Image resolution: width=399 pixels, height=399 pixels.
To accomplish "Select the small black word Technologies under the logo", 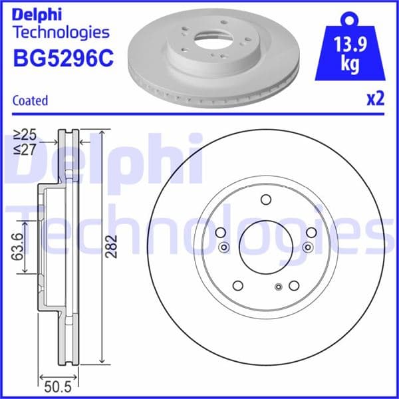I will click(x=61, y=31).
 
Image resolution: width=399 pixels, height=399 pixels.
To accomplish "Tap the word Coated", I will click(x=31, y=101).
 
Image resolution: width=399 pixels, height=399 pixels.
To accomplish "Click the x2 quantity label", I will click(x=375, y=100).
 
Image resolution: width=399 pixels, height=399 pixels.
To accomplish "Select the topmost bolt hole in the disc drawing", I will click(x=266, y=200).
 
